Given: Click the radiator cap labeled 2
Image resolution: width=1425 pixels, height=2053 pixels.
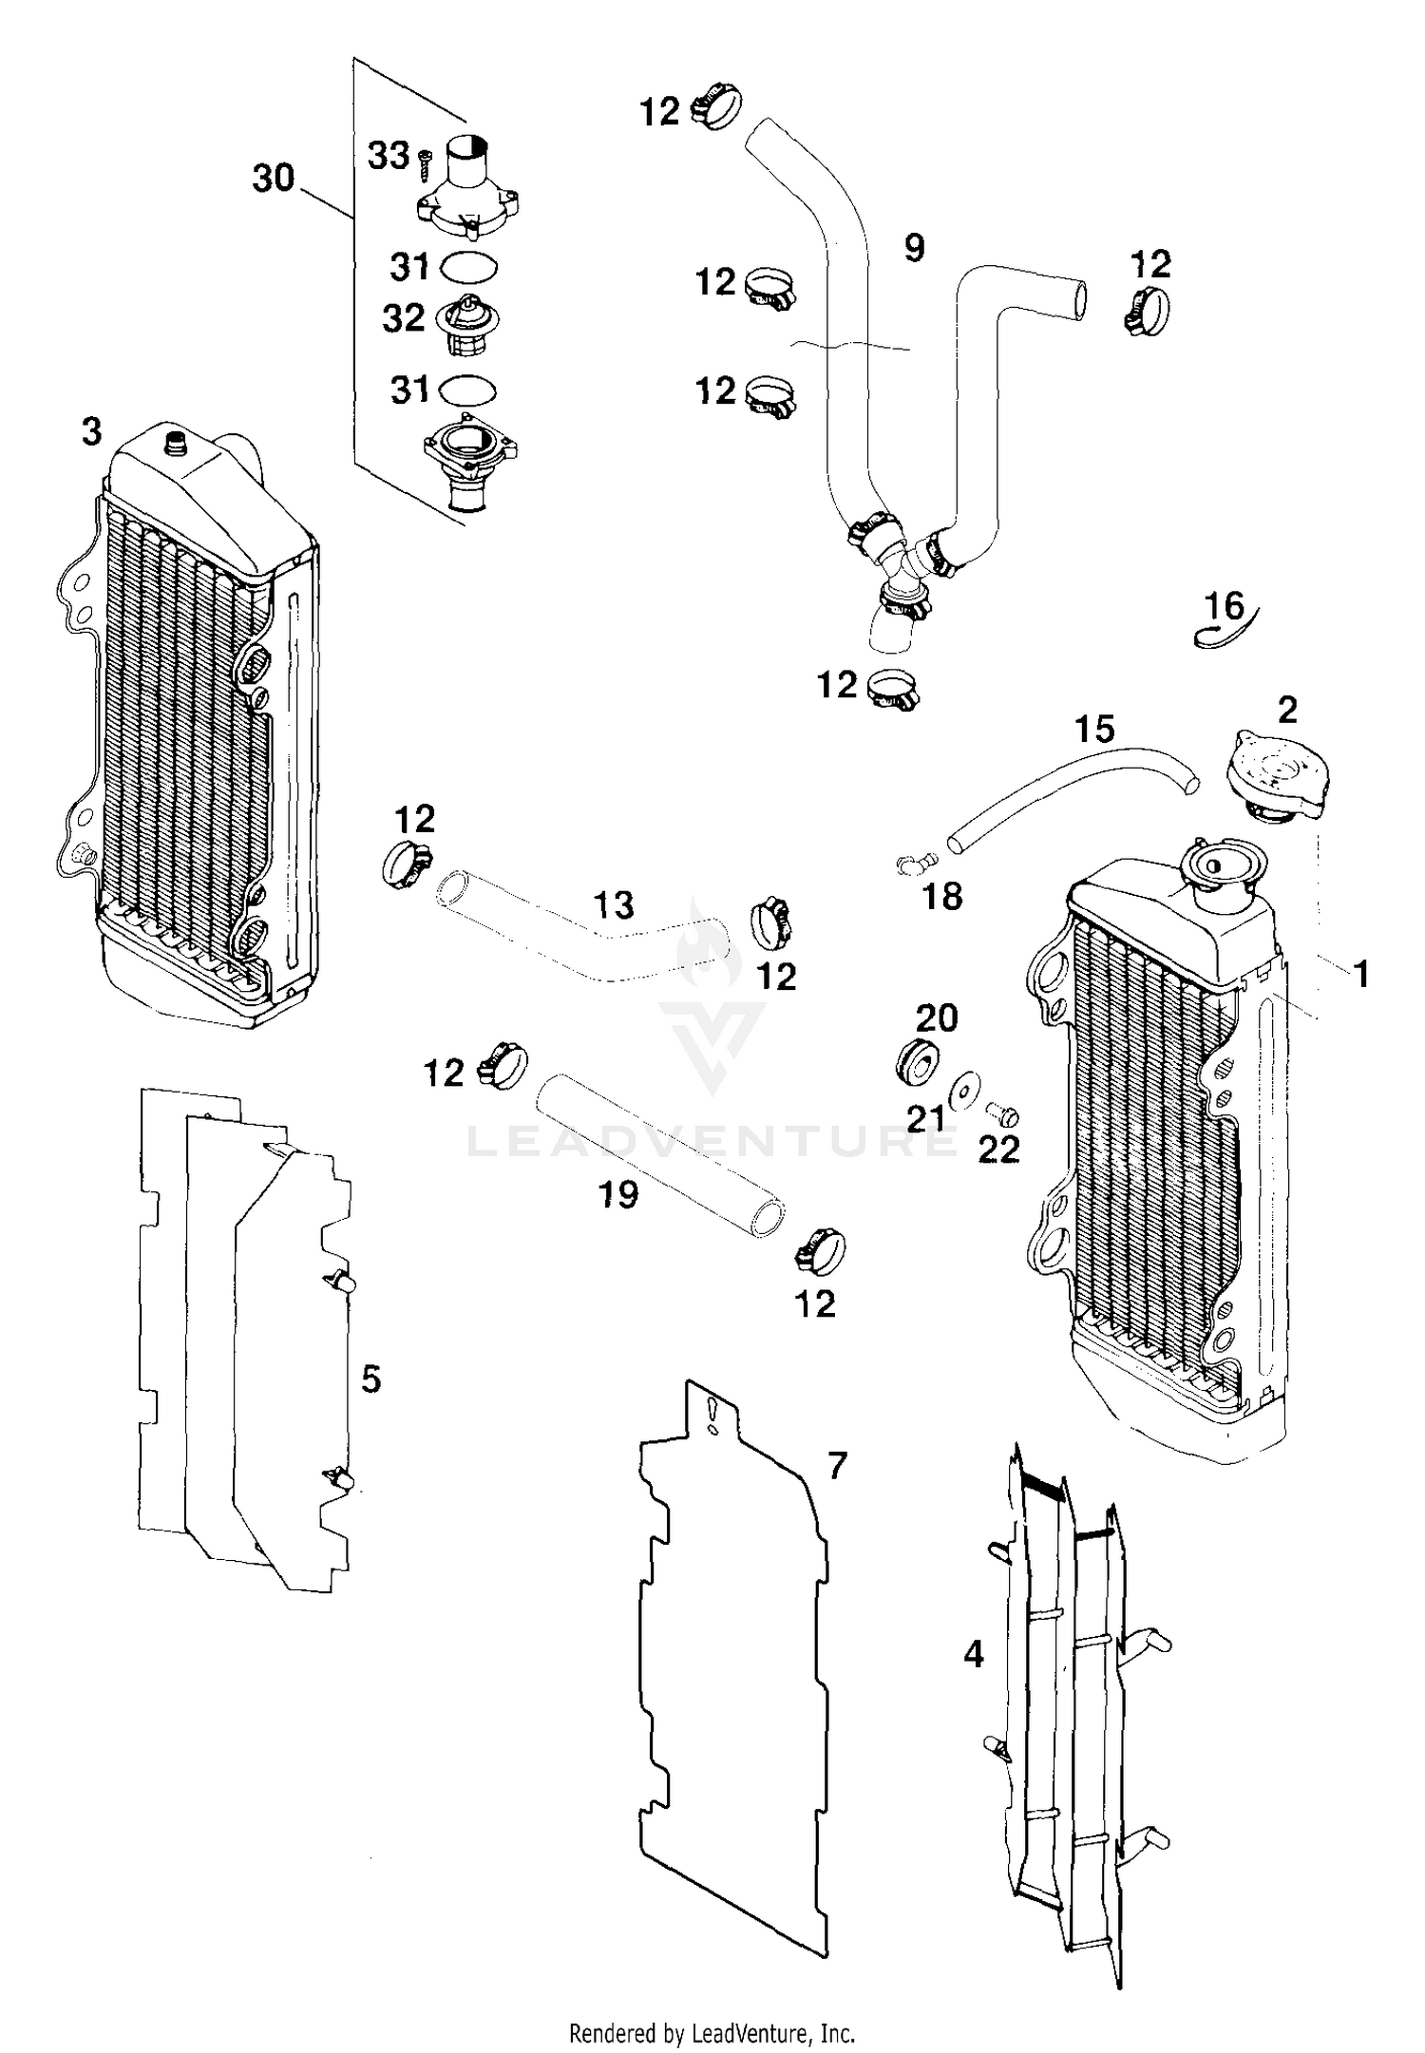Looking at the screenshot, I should [1279, 777].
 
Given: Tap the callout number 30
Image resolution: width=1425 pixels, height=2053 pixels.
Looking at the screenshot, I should [274, 178].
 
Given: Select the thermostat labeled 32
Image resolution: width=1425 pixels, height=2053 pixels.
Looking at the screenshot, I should [467, 326].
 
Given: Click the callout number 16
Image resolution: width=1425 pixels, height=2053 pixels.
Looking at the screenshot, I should [1224, 605].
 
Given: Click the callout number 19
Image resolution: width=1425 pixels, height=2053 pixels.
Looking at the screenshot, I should [618, 1194].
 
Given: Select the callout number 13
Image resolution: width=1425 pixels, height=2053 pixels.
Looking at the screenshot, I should [614, 904].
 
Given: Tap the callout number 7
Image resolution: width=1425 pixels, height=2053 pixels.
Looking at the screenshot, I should [836, 1466].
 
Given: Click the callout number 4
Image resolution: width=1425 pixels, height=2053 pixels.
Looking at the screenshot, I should [974, 1654].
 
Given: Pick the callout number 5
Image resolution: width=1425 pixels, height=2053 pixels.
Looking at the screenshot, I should [370, 1378].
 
